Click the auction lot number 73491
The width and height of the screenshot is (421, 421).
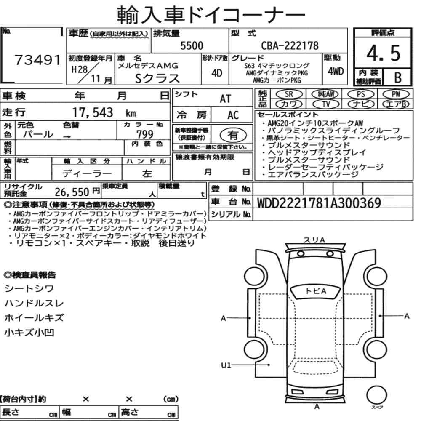pos(37,60)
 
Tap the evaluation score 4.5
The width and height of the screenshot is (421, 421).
pos(383,53)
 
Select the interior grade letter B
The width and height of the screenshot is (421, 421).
pos(398,77)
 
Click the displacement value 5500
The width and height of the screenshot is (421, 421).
pos(192,45)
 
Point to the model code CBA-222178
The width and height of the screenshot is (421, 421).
pos(290,45)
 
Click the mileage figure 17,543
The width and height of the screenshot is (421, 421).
pos(93,112)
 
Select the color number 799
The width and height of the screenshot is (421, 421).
pos(145,134)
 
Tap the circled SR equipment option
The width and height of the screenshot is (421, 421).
pos(289,94)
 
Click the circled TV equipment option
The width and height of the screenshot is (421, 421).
pos(326,104)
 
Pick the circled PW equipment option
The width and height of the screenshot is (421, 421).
pos(396,94)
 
